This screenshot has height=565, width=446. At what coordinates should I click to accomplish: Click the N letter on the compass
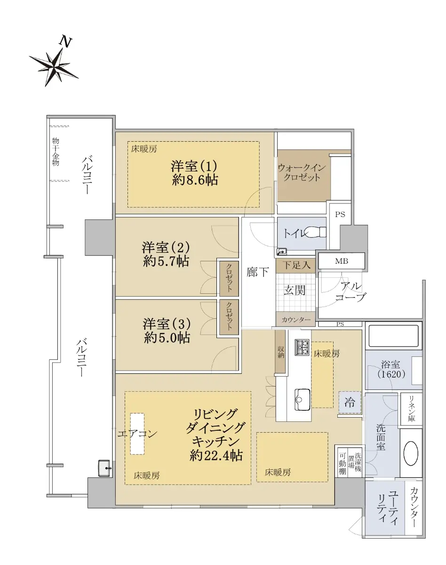click(x=65, y=42)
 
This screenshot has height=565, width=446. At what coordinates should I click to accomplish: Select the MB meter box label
click(x=342, y=261)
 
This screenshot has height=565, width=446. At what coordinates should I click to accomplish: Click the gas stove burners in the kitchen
click(x=302, y=347)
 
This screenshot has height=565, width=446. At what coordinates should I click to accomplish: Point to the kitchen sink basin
click(x=302, y=399)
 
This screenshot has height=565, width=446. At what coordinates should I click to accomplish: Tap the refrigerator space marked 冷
click(x=350, y=402)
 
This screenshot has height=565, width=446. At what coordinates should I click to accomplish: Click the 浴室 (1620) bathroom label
click(x=391, y=370)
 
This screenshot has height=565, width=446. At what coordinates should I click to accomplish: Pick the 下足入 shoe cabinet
click(x=295, y=266)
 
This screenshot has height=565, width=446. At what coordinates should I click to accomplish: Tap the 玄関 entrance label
click(x=295, y=290)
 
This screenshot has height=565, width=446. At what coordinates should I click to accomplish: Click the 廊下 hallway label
click(x=257, y=272)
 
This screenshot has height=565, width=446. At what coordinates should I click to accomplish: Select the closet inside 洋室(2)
click(x=229, y=278)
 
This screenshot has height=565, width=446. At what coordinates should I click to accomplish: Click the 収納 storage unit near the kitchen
click(x=280, y=351)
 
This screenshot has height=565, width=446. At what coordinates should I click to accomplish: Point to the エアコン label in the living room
click(x=137, y=434)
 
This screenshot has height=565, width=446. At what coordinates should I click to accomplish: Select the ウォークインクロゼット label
click(x=302, y=172)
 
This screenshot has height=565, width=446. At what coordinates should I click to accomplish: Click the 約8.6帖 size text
click(x=195, y=180)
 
